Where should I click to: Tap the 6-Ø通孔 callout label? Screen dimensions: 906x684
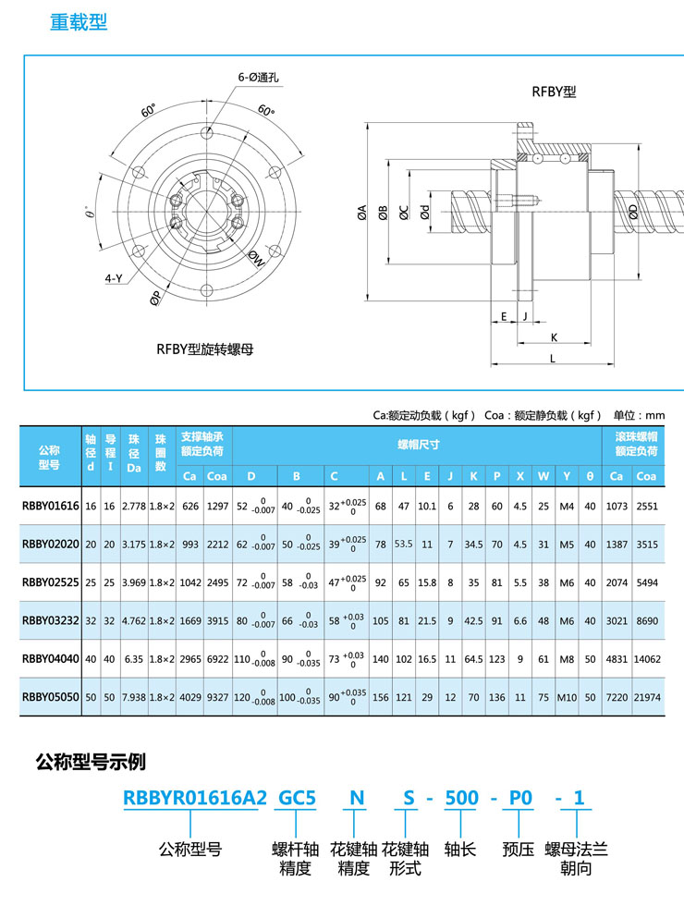click(260, 79)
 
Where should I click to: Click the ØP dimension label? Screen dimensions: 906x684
click(156, 297)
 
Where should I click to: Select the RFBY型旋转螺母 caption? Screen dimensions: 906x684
click(205, 349)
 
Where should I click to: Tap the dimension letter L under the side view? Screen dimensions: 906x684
click(552, 357)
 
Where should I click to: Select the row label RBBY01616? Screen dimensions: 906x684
click(51, 507)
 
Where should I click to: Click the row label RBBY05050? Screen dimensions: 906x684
click(51, 697)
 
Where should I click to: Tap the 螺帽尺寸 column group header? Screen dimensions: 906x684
click(418, 445)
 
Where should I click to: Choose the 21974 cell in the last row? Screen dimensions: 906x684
click(646, 697)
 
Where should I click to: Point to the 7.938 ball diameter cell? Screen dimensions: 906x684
click(133, 697)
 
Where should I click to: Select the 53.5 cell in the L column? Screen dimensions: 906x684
click(403, 545)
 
